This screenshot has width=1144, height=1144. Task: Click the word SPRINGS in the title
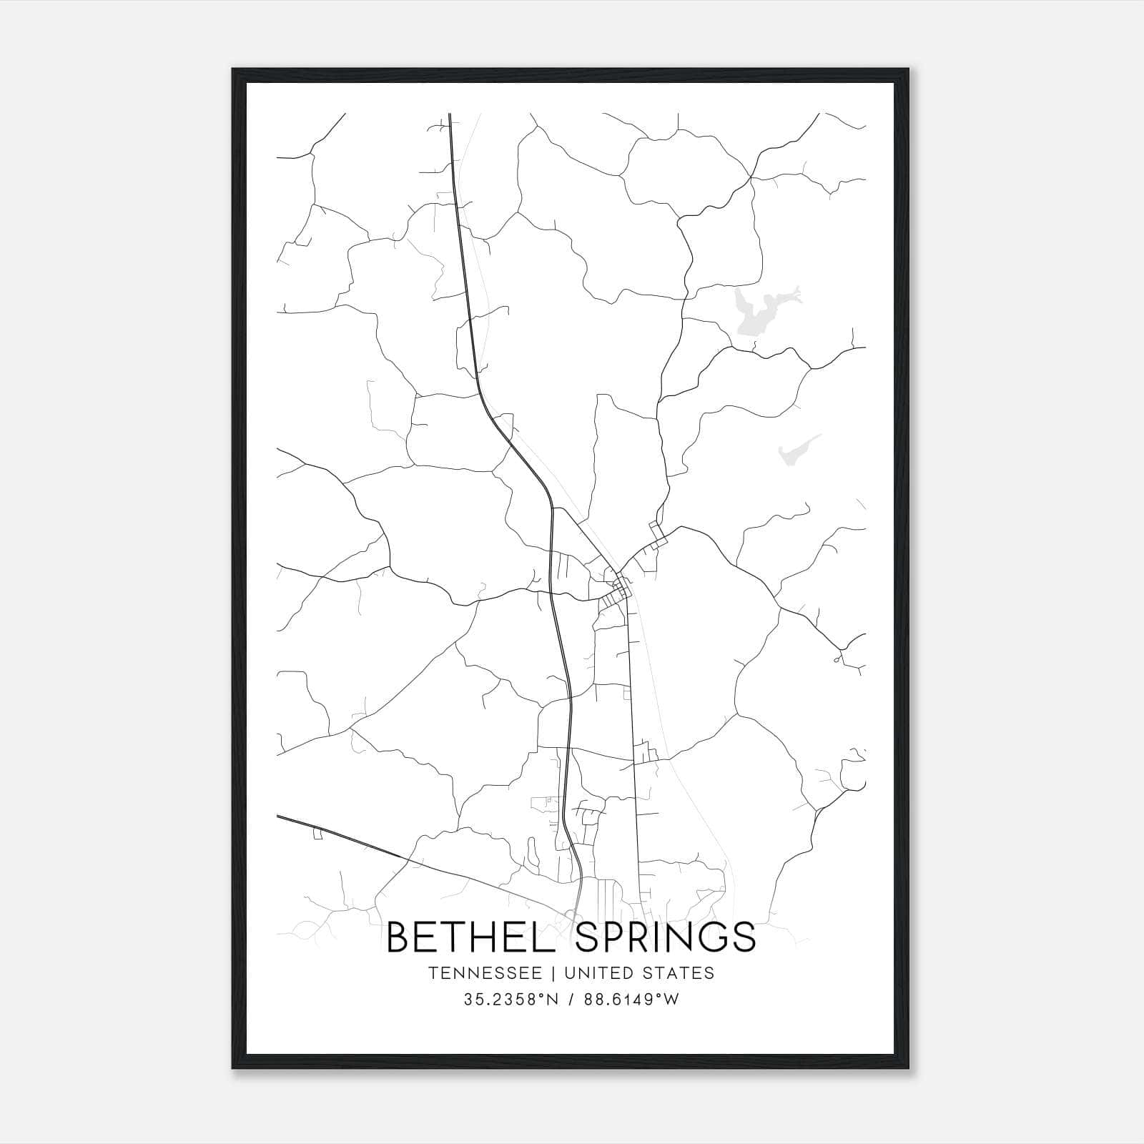click(664, 937)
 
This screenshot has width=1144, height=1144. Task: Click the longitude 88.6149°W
click(628, 1000)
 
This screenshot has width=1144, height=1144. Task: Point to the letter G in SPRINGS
click(711, 937)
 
